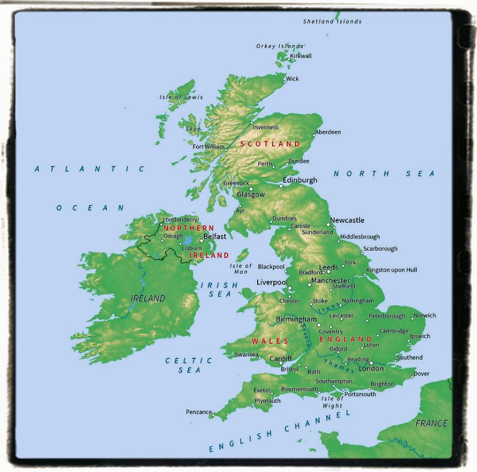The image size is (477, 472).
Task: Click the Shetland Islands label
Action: (x=332, y=21)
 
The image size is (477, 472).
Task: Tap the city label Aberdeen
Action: (x=328, y=132)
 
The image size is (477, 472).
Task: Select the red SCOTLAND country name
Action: (x=270, y=144)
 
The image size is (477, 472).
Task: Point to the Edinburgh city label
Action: (x=300, y=180)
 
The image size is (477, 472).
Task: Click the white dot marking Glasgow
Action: (x=251, y=189)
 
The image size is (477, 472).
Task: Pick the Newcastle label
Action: (x=347, y=221)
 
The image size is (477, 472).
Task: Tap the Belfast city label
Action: (x=215, y=236)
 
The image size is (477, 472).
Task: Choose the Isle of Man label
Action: (x=241, y=269)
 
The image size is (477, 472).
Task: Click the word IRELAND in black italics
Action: (x=148, y=298)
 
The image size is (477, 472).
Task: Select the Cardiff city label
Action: (x=281, y=358)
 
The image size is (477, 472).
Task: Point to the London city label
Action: (x=371, y=369)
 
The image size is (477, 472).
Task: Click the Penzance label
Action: (x=198, y=412)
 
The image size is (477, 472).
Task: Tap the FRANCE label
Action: (x=431, y=423)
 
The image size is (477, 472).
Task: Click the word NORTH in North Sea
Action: (x=354, y=174)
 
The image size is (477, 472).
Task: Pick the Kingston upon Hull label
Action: (x=391, y=270)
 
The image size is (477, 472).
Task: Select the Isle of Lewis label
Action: (x=181, y=97)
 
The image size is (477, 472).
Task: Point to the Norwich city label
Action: (x=425, y=315)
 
